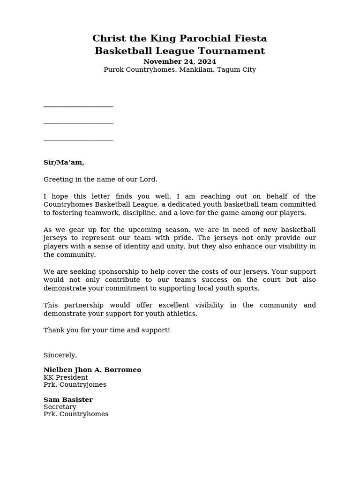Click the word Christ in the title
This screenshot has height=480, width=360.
point(107,38)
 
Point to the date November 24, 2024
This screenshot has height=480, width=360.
point(180,62)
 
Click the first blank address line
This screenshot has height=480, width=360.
point(78,106)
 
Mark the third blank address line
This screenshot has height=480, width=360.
point(78,140)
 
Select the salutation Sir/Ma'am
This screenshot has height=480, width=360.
point(64,163)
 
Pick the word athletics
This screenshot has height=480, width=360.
point(181,314)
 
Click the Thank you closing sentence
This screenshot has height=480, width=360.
point(106,330)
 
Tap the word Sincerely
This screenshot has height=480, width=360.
point(60,355)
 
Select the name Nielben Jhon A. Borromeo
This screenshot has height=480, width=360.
point(92,370)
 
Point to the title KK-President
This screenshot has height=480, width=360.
point(66,378)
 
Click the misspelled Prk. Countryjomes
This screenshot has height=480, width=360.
point(75,385)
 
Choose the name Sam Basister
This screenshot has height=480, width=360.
point(68,400)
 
